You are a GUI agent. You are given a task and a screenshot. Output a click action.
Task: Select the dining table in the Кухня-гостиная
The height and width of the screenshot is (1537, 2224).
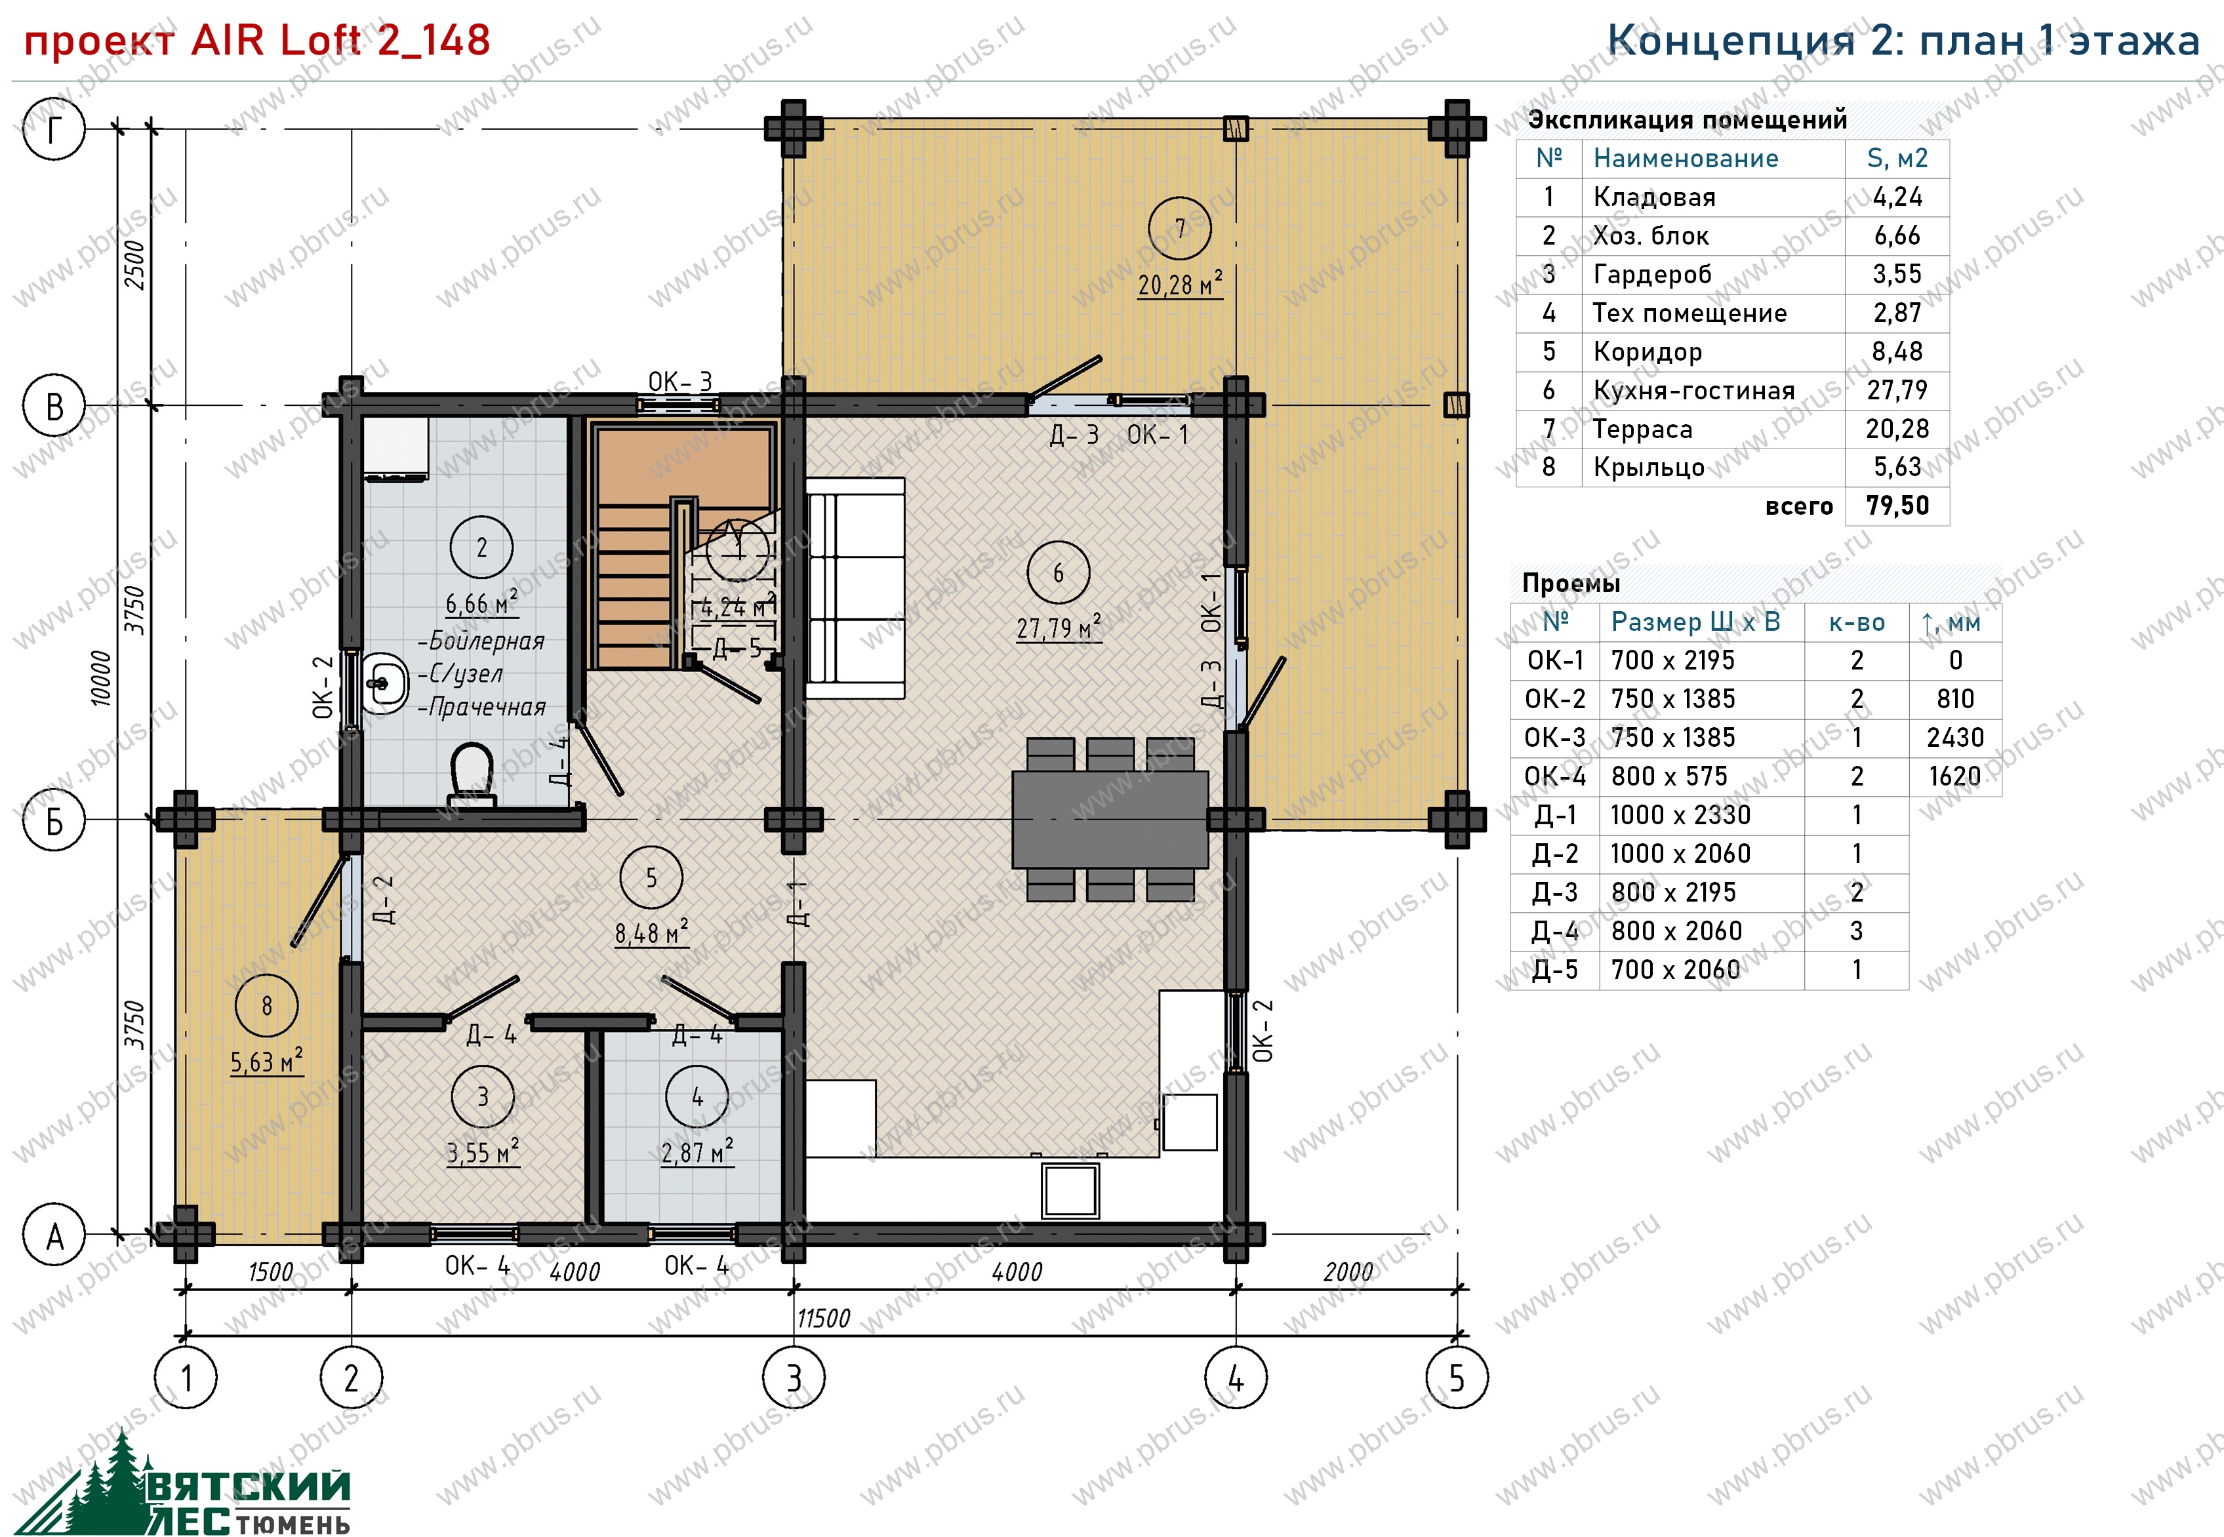(1110, 818)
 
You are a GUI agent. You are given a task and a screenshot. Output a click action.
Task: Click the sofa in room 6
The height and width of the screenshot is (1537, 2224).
(855, 588)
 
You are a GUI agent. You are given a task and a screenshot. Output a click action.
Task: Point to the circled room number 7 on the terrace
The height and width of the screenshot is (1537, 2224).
(1180, 228)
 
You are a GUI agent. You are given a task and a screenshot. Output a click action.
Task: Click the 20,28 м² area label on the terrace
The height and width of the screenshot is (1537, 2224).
(1180, 284)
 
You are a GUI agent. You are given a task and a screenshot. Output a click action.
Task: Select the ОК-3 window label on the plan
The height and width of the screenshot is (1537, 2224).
(680, 382)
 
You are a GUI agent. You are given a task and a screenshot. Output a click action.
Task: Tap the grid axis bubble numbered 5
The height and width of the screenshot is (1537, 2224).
(1457, 1378)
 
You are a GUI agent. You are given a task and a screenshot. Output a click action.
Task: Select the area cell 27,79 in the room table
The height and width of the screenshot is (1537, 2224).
(1897, 390)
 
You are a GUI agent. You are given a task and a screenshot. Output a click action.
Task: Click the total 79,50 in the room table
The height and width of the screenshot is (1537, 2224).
(1897, 506)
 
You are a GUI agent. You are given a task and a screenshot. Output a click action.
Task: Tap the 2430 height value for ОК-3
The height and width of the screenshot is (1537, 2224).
(1955, 738)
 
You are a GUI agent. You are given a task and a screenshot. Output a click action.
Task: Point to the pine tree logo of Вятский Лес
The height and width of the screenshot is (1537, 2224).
(106, 1484)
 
